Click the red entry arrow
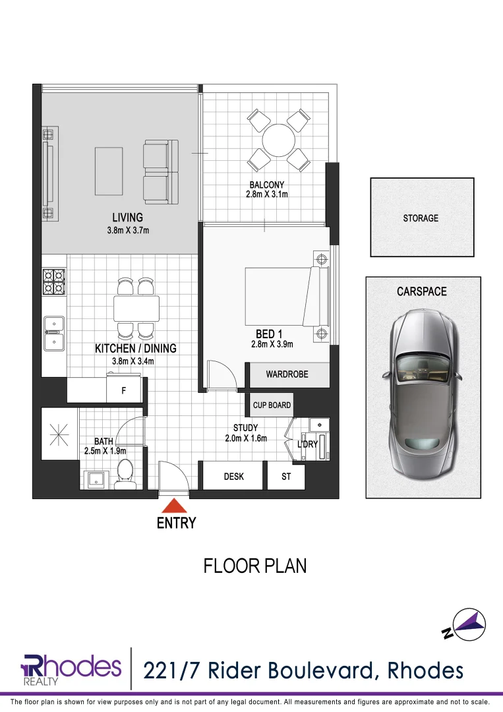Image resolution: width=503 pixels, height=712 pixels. point(174,506)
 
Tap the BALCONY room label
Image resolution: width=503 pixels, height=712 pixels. point(266,185)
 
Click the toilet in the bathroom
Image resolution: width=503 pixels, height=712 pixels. point(124,472)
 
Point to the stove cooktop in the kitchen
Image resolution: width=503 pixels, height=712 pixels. point(53,282)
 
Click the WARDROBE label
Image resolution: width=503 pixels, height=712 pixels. point(287,374)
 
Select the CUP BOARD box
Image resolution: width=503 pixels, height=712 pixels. point(272,405)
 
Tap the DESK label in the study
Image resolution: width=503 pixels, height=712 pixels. point(233,477)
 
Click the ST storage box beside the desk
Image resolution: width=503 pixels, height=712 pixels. point(286,477)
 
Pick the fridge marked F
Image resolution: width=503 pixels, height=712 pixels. point(123,390)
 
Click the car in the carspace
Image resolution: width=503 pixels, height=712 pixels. point(422,388)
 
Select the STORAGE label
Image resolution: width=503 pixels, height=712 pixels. point(421,218)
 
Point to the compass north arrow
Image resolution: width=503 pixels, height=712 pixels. point(470,624)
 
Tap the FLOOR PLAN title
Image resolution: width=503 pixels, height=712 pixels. point(254,566)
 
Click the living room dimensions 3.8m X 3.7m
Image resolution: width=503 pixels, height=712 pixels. point(127,230)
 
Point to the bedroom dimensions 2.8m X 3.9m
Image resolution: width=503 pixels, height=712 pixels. point(272,344)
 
